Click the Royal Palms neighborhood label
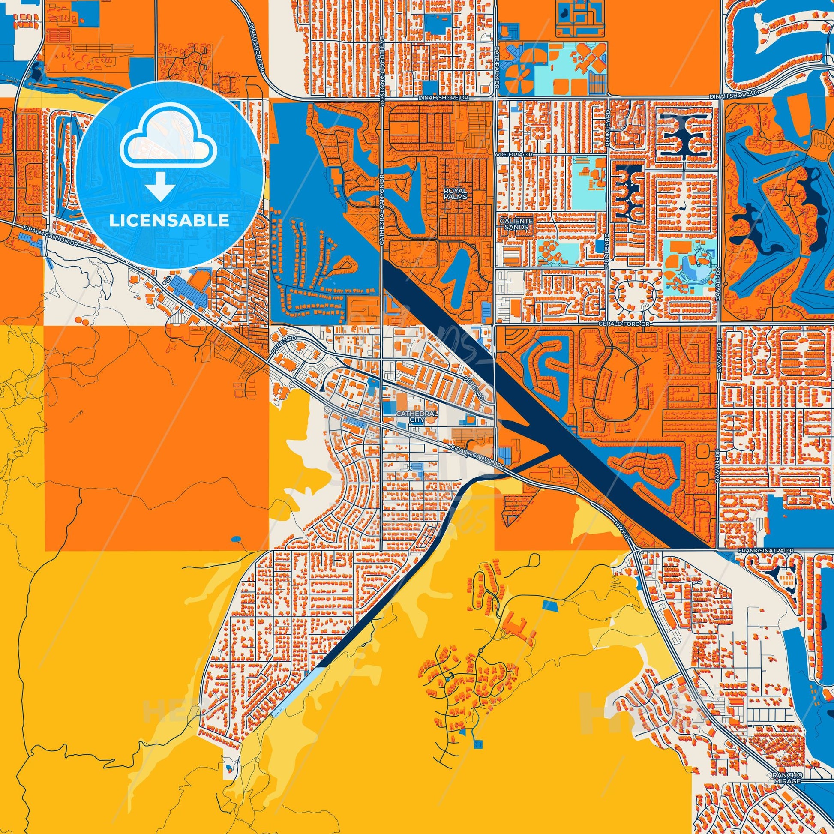pos(457,193)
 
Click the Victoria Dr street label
pos(509,154)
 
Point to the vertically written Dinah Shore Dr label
pos(261,48)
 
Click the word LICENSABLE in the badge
pos(169,221)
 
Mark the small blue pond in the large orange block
pos(236,539)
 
